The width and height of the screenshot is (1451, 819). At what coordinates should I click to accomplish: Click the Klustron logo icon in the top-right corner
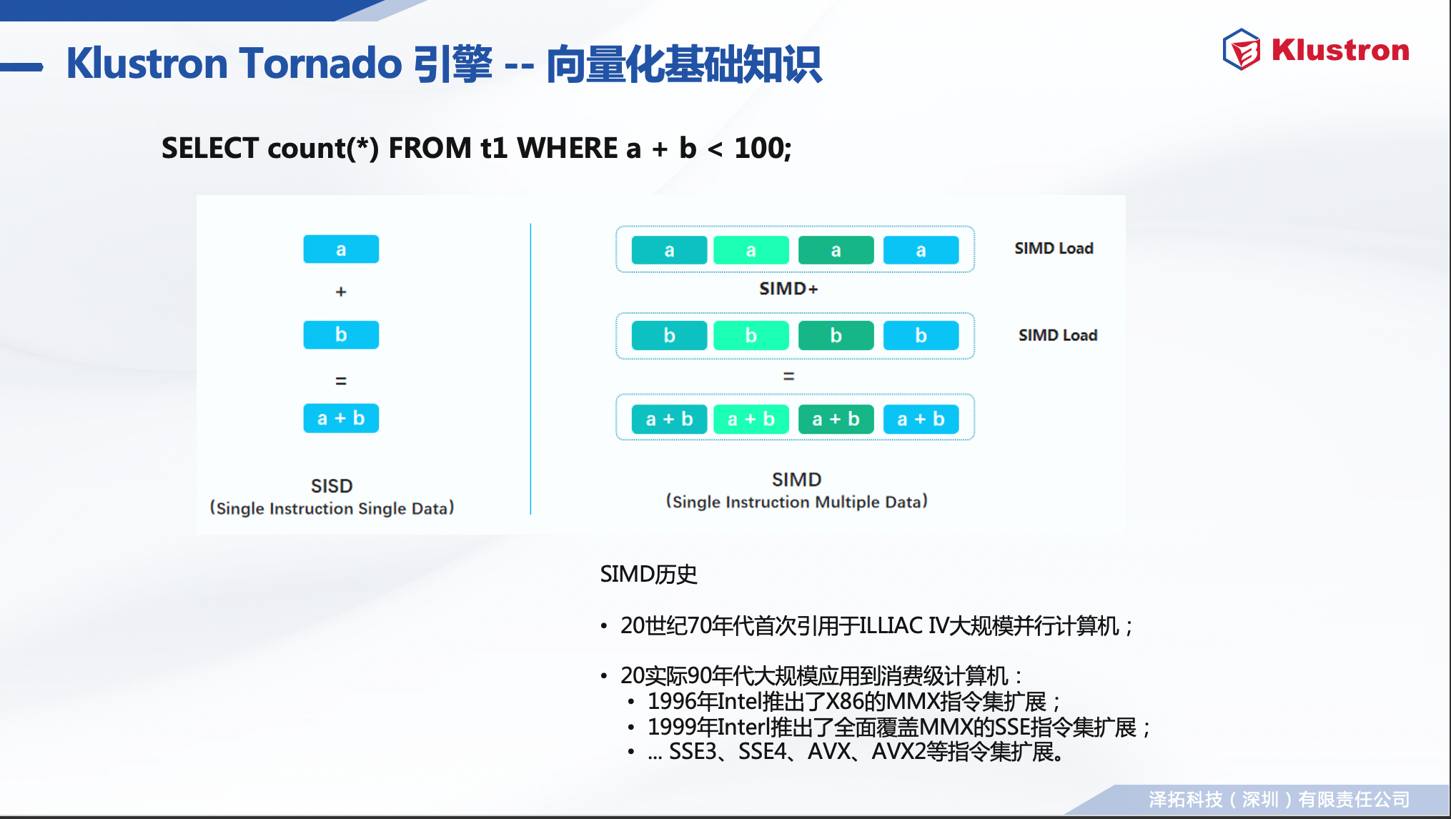(x=1242, y=49)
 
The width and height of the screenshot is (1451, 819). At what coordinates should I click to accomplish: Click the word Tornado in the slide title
(x=321, y=63)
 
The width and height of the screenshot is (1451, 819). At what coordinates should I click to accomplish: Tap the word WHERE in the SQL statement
(x=568, y=148)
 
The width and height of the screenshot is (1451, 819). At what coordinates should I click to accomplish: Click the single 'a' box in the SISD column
(x=341, y=249)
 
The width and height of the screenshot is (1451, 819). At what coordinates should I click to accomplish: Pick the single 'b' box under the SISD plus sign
(x=341, y=334)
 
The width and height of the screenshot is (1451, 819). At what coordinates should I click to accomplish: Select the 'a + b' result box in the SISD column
(x=341, y=418)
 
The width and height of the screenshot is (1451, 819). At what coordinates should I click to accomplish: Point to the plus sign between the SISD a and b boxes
(x=341, y=292)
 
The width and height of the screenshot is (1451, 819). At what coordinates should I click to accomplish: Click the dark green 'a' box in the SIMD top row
(x=836, y=250)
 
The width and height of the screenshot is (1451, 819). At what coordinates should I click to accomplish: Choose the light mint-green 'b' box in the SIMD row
(x=751, y=335)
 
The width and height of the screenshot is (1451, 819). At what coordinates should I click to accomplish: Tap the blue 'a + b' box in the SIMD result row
(x=921, y=419)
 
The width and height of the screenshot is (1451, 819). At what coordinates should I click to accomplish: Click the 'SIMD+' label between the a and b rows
(x=788, y=289)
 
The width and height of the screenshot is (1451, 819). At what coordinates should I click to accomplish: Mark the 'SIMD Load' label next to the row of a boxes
(x=1054, y=248)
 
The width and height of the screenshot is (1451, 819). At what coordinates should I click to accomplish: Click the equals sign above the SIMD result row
(x=789, y=376)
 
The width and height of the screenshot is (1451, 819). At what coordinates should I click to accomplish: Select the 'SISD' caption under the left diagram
(x=332, y=486)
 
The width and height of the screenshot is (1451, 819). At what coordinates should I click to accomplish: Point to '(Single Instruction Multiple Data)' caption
(x=797, y=502)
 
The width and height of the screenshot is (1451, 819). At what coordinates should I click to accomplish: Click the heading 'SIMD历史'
(x=648, y=574)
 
